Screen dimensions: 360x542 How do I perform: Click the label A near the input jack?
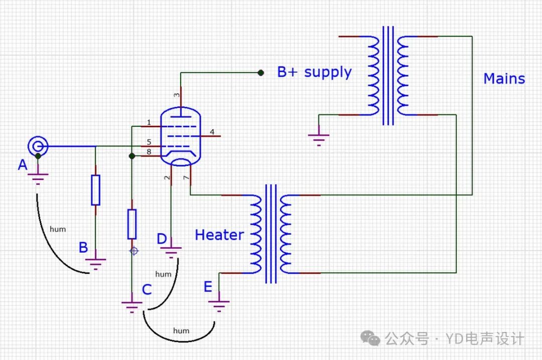coord(23,164)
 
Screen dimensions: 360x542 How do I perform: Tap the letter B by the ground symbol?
coord(83,247)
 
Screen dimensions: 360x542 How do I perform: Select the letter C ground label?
coord(147,289)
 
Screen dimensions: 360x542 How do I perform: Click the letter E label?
coord(208,287)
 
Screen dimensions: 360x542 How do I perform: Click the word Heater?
coord(219,235)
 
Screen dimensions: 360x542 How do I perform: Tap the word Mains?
coord(504,79)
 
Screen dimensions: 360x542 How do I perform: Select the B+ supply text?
coord(314,72)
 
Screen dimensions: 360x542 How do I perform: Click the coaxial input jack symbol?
coord(38,146)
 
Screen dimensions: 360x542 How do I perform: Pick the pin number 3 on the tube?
coord(176,95)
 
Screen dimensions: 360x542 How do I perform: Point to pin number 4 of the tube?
coord(212,132)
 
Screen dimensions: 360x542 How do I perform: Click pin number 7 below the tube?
coord(186,178)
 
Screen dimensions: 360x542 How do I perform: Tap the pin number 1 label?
coord(149,122)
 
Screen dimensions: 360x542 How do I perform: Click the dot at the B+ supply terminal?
coord(260,73)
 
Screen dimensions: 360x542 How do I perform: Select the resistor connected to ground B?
coord(95,190)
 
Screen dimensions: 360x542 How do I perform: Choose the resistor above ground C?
coord(131,224)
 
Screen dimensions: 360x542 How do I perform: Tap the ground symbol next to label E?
coord(219,304)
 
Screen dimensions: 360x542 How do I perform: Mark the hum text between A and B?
coord(58,229)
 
